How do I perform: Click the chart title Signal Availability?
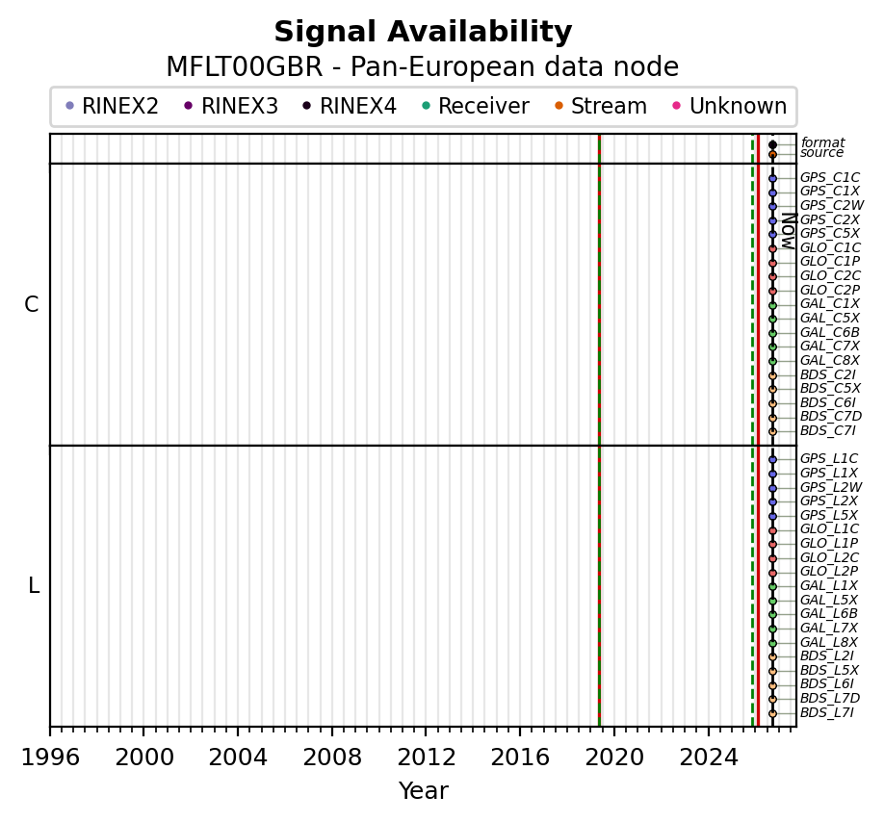coord(423,32)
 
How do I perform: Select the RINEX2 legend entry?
coord(113,106)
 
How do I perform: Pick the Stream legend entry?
coord(601,106)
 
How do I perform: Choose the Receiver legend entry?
coord(476,106)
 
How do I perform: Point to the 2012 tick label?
coord(426,758)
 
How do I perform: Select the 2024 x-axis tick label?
coord(709,758)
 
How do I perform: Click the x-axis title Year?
coord(423,790)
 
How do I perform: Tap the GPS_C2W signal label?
coord(832,206)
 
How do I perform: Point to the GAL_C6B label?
coord(829,332)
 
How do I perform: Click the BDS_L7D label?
coord(830,699)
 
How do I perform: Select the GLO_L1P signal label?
coord(829,543)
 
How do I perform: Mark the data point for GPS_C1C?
coord(772,179)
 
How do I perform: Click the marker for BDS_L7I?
coord(772,713)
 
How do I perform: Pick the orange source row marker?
coord(772,154)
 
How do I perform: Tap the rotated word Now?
coord(789,231)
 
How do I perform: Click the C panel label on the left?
coord(32,305)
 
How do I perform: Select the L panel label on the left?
coord(34,586)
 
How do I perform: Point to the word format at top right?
coord(822,142)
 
